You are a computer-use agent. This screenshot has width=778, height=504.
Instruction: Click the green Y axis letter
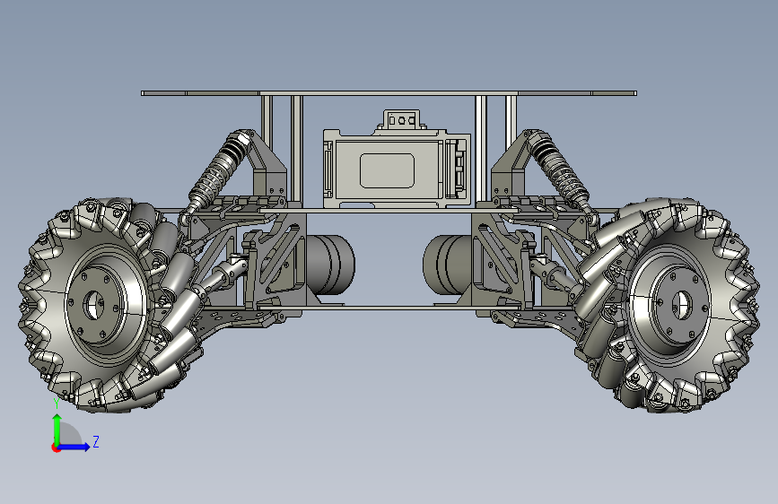click(57, 403)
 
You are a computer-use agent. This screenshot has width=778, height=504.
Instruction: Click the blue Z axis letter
click(96, 441)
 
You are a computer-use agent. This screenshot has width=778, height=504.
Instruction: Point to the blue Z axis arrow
click(74, 447)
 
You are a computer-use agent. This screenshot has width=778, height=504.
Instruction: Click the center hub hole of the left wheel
click(93, 305)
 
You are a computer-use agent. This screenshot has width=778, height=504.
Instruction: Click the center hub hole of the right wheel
click(682, 304)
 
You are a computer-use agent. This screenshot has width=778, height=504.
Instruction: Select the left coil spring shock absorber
click(217, 172)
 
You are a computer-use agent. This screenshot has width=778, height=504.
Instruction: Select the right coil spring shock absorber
click(560, 171)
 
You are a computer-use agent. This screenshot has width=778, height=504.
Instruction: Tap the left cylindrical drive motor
click(329, 265)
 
